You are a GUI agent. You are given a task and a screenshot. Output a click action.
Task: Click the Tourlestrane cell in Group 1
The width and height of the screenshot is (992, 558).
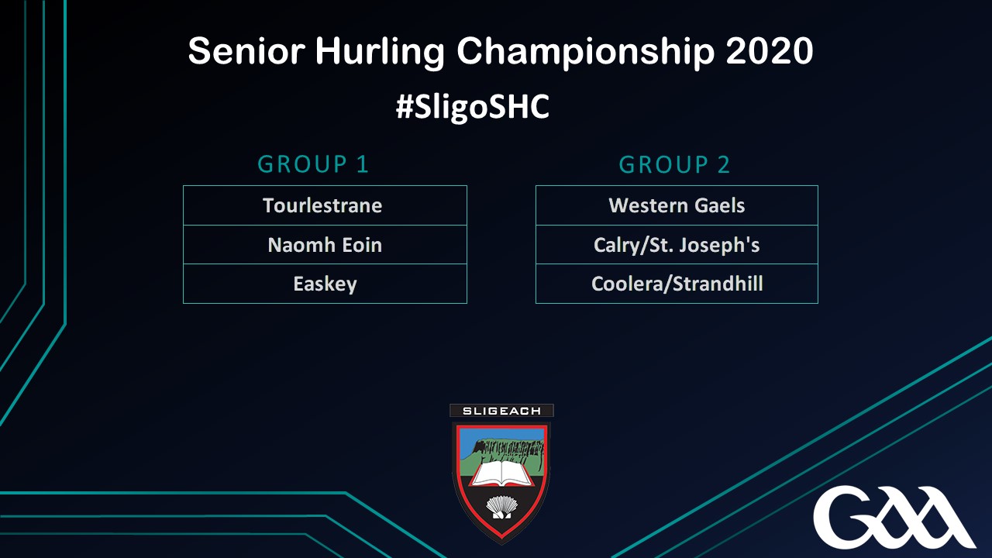[x=325, y=205]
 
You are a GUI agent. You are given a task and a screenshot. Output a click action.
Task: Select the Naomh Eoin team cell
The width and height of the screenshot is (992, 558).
[x=325, y=245]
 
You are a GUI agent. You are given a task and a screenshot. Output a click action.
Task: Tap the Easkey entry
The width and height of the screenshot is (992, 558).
[x=325, y=284]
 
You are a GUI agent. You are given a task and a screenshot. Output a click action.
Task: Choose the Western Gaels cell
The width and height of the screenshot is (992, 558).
[x=677, y=205]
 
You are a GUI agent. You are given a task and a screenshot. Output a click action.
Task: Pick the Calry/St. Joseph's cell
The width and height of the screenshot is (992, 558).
[x=677, y=245]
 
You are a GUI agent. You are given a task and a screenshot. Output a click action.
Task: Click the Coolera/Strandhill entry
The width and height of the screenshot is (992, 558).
[x=677, y=284]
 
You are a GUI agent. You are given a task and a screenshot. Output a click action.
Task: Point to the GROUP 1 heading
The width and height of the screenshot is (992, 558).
[x=313, y=164]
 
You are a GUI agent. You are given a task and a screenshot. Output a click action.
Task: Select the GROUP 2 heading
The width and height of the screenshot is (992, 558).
[x=674, y=165]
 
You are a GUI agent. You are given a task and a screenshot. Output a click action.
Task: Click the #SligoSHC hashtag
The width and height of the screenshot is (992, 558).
[x=473, y=106]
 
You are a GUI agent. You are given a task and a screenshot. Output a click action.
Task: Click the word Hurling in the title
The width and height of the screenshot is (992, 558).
[x=380, y=52]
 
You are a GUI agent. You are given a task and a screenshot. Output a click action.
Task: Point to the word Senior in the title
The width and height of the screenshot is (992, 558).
[x=246, y=51]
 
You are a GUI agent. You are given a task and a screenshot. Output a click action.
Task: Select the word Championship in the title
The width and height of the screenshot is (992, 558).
[x=585, y=52]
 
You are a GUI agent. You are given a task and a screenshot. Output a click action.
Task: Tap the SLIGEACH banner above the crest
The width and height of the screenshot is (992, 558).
[x=501, y=411]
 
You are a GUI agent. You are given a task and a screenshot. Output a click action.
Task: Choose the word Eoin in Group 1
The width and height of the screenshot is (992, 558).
[x=362, y=245]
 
